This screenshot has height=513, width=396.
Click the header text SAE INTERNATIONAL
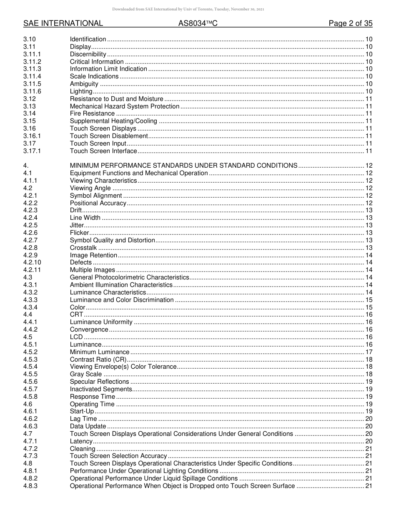point(63,23)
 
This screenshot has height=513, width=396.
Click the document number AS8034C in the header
point(198,23)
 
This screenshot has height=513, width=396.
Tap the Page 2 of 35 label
point(351,23)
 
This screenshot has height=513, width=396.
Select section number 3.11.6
point(33,91)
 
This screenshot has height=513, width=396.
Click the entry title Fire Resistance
point(92,113)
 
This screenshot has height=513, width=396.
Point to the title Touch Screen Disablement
point(109,136)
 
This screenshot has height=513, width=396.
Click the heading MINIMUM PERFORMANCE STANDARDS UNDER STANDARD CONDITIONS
point(183,166)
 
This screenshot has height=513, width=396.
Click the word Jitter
point(77,225)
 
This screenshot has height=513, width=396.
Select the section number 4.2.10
point(33,262)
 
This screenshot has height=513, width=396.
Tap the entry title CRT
point(76,314)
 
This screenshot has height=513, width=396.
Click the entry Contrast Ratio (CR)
point(98,360)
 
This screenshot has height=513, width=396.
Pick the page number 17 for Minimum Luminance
point(368,352)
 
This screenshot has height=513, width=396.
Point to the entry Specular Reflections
point(100,382)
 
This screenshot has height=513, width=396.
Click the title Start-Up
point(82,412)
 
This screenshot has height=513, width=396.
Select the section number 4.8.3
point(30,486)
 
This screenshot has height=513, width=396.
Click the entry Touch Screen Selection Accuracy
point(118,456)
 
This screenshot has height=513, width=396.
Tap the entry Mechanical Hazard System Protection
point(125,106)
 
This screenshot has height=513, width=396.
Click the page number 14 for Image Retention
point(368,255)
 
